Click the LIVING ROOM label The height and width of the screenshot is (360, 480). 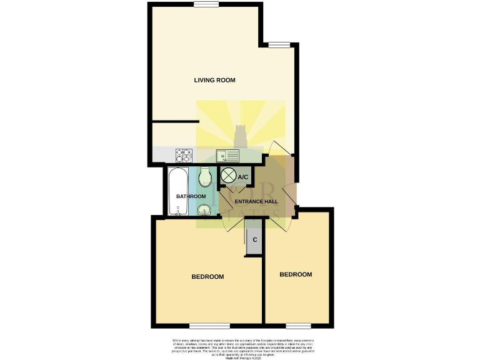[x=210, y=80]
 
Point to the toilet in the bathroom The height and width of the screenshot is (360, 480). [x=205, y=180]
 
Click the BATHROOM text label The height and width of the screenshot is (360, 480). [x=191, y=196]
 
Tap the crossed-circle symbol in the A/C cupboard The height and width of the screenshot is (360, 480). [x=229, y=176]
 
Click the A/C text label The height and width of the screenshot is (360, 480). [x=244, y=177]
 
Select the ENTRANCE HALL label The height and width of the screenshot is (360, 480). [x=256, y=201]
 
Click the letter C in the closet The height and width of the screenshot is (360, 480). [x=255, y=240]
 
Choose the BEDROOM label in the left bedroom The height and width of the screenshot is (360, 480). [x=207, y=276]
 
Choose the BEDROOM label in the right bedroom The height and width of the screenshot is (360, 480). [x=295, y=274]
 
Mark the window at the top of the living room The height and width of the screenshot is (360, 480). [x=206, y=4]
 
